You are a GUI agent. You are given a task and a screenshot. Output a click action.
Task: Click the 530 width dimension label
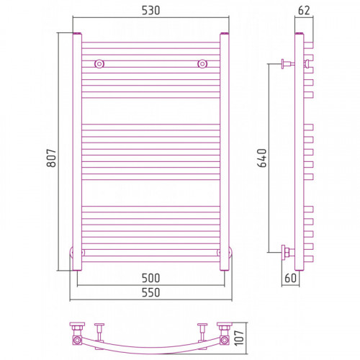(150, 11)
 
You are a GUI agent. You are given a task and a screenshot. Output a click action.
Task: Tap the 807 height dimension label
(51, 158)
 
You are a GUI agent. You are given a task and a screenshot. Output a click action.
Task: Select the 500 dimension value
(150, 278)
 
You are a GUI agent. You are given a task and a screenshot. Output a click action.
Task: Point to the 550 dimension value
(150, 292)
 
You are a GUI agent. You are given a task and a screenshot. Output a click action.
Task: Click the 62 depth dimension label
(304, 11)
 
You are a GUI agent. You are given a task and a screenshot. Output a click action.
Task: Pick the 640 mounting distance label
(262, 158)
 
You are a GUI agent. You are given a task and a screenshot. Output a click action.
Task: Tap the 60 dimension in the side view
(290, 278)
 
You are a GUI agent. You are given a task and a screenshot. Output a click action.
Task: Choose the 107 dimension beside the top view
(239, 338)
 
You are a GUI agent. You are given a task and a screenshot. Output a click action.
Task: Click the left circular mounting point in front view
(99, 64)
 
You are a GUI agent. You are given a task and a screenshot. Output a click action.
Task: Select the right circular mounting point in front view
(202, 64)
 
